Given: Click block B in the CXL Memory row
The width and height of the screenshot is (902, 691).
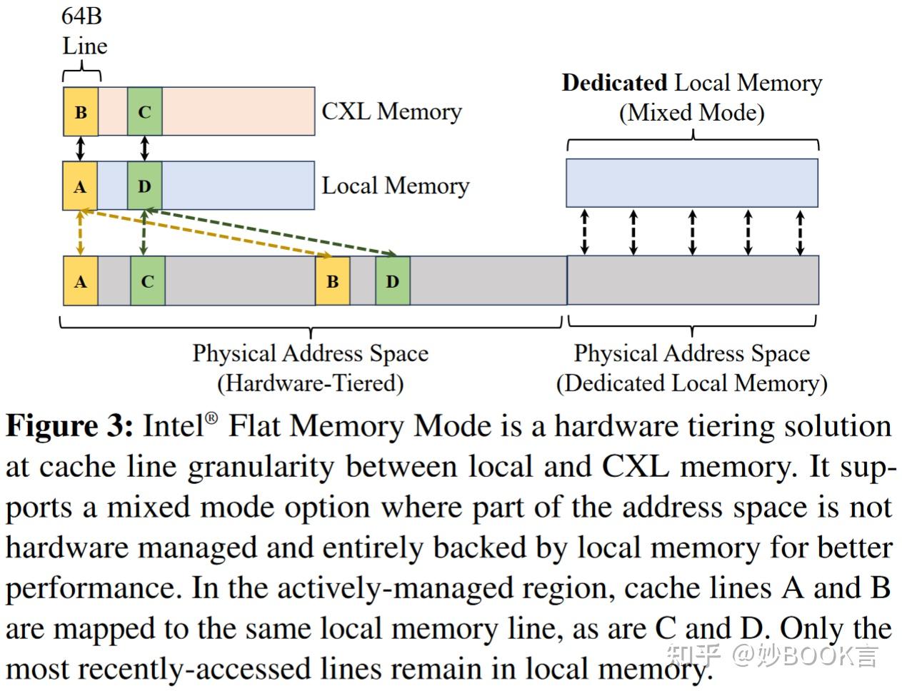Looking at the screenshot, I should [x=80, y=111].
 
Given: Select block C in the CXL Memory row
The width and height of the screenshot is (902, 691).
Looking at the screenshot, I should [x=145, y=111].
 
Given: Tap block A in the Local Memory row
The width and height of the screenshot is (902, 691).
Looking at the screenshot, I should [x=80, y=186].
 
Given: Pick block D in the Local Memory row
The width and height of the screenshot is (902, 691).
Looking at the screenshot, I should [x=145, y=186].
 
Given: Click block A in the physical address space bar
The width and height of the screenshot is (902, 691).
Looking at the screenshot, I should [x=80, y=281].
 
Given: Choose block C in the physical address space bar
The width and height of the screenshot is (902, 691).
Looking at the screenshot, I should [x=148, y=281].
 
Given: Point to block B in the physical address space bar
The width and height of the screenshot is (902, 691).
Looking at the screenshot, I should [x=333, y=281].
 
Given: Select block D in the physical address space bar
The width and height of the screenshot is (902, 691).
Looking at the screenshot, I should [x=393, y=281].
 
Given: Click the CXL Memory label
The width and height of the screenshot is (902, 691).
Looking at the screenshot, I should [x=391, y=111].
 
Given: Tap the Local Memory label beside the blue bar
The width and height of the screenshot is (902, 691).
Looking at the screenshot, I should [x=395, y=186].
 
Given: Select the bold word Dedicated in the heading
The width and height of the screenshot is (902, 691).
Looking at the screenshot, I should [x=614, y=83].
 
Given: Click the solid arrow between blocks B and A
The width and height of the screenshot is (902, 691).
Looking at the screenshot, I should [x=80, y=148].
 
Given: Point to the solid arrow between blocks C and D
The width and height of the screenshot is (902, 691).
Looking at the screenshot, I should [x=145, y=148].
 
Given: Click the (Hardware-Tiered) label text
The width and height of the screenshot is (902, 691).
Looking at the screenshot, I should [x=311, y=383].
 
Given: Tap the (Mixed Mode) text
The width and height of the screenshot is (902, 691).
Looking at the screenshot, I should [x=691, y=113].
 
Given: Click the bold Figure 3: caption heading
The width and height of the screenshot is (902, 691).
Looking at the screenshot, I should [x=69, y=426].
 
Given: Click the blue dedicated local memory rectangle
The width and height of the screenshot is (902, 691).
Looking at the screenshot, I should [x=691, y=183].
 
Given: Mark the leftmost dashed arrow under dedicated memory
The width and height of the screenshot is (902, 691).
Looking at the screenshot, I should [x=584, y=232].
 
